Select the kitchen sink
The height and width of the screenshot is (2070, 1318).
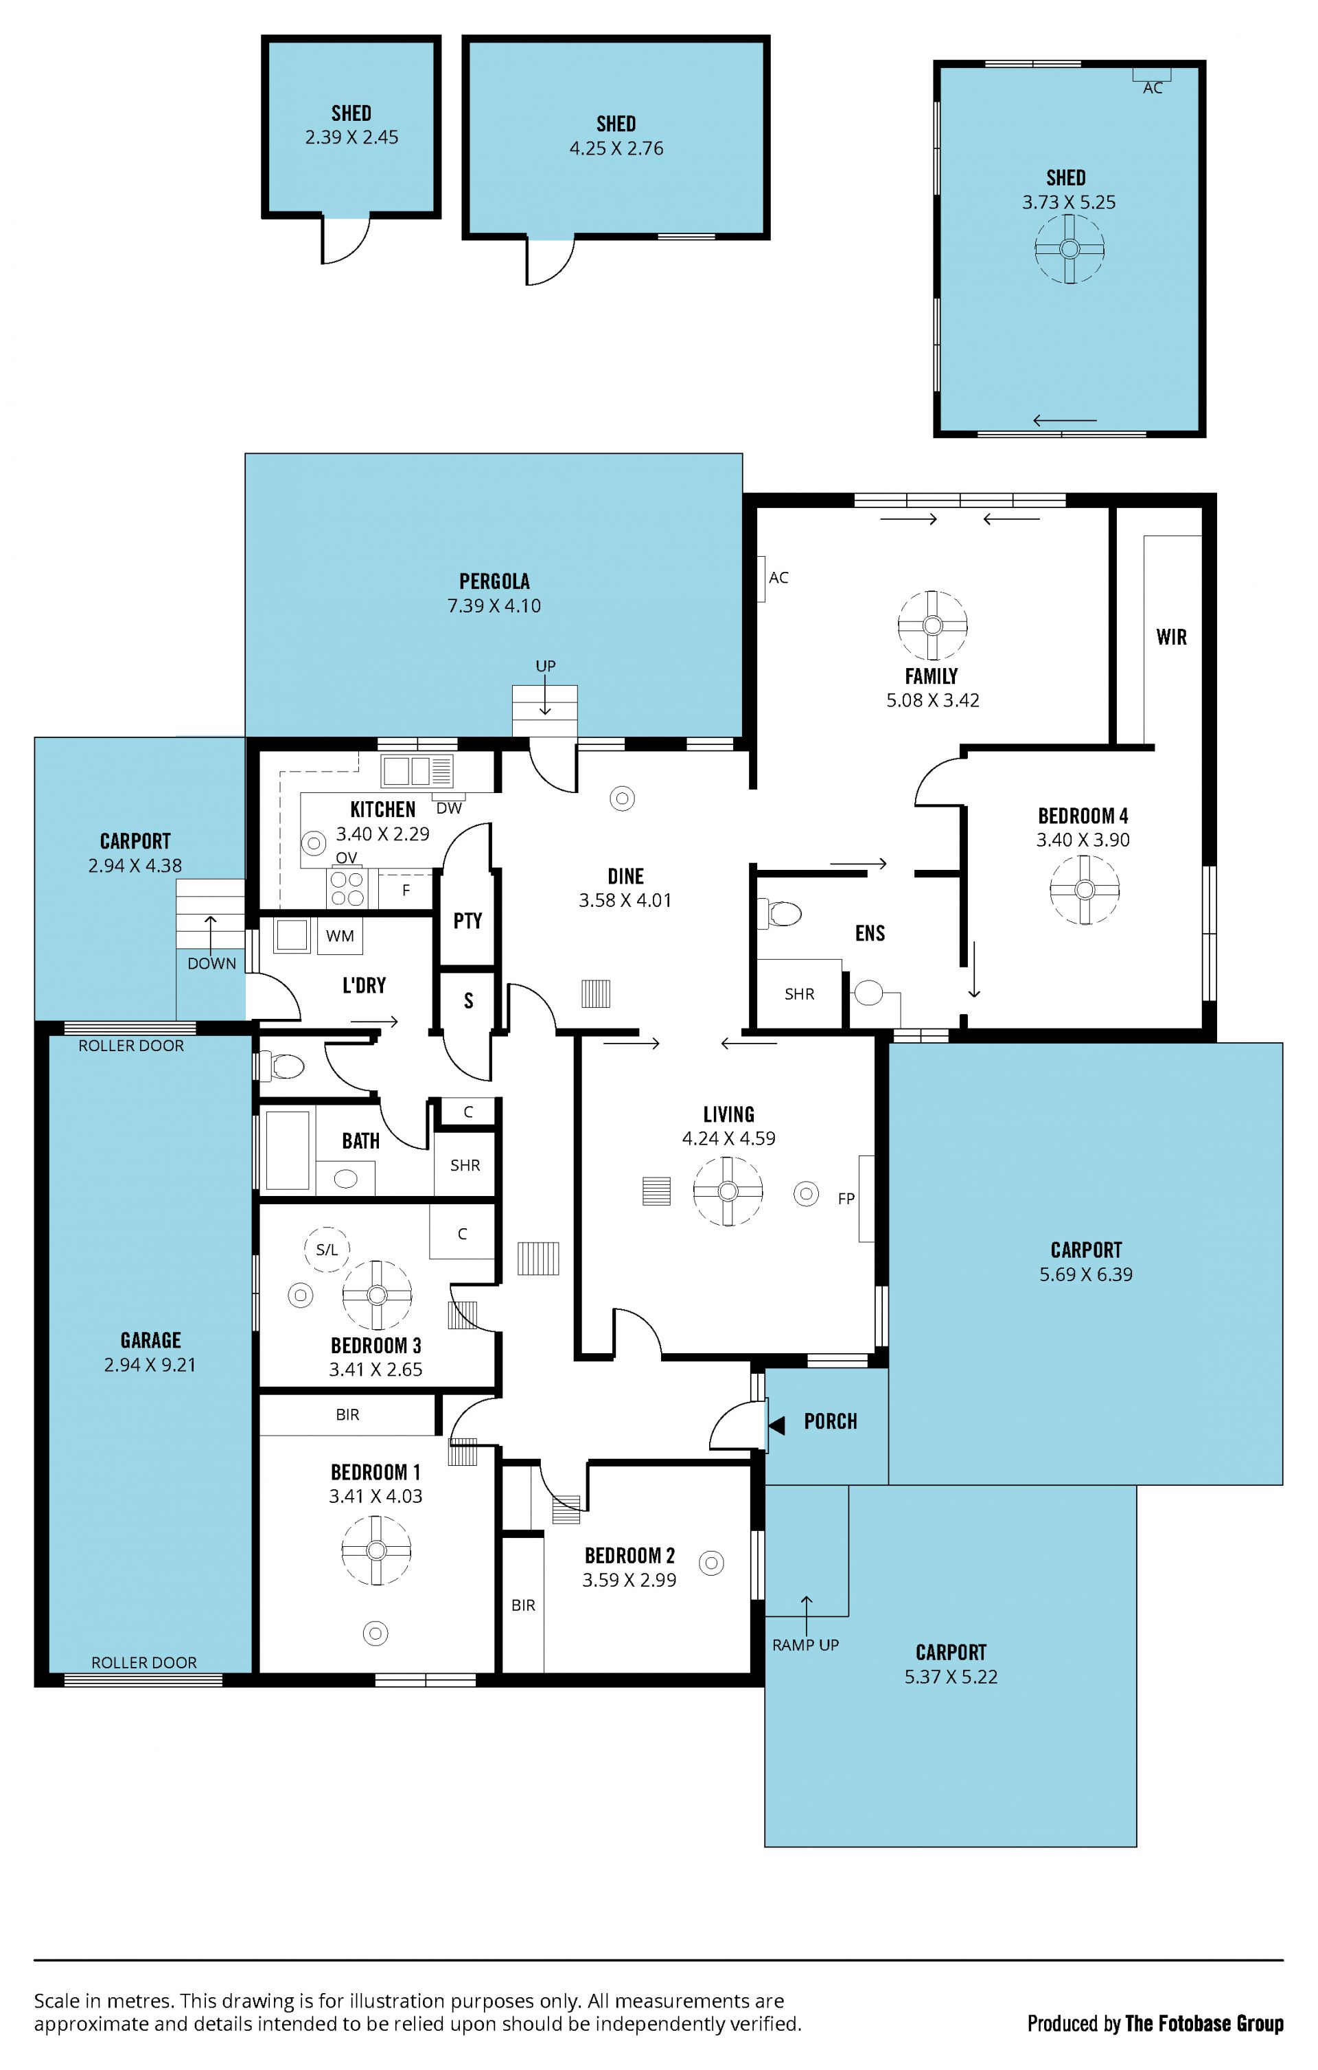tap(417, 771)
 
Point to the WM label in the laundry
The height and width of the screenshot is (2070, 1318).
tap(340, 936)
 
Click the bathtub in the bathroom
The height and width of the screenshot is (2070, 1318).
tap(287, 1149)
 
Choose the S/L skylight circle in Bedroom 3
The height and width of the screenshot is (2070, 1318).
tap(327, 1249)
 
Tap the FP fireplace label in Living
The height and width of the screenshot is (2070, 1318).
tap(846, 1198)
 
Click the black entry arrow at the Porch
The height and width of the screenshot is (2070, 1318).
tap(776, 1426)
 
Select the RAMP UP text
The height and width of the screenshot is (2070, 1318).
tap(806, 1644)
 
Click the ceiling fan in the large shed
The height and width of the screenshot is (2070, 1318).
tap(1070, 249)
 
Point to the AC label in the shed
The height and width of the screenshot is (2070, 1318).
tap(1153, 89)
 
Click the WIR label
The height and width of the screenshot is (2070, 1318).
tap(1171, 637)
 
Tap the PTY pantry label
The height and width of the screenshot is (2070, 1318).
tap(467, 921)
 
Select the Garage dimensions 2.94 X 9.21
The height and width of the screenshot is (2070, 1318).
tap(150, 1365)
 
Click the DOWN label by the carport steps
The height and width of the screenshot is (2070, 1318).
tap(211, 964)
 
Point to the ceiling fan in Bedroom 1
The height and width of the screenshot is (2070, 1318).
tap(375, 1550)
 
